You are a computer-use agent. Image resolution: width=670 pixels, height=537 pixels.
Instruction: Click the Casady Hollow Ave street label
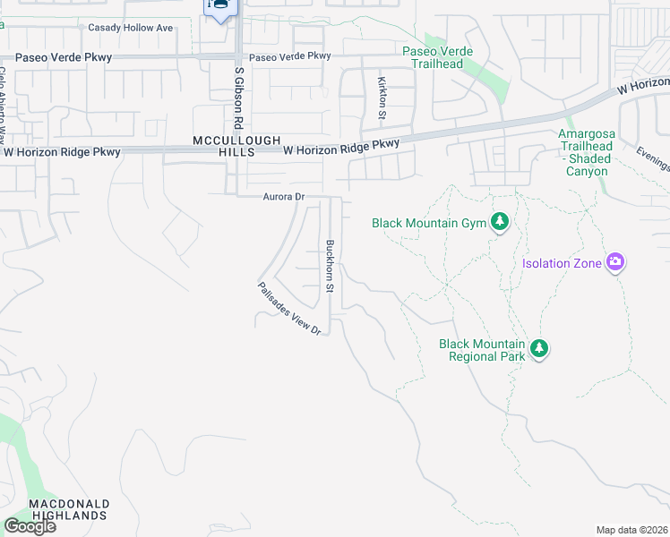[130, 28]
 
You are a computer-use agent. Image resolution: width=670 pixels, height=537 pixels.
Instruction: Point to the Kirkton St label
[382, 98]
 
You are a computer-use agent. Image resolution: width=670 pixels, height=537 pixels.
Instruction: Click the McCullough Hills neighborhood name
[237, 147]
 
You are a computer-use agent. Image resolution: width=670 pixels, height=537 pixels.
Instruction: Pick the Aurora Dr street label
[284, 197]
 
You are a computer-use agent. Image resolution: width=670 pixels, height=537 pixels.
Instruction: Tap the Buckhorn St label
[330, 267]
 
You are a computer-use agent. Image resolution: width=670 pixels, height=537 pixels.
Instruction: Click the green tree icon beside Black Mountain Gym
[500, 222]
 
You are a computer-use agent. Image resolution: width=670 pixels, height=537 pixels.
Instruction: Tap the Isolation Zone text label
[562, 263]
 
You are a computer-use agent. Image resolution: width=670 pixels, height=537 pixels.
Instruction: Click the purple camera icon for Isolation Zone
[615, 262]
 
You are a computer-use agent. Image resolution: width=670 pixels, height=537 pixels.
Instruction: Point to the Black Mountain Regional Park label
[481, 350]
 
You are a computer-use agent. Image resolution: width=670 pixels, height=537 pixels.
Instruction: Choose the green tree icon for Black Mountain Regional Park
[538, 349]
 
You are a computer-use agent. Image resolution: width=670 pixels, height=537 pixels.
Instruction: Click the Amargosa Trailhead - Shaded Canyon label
[584, 152]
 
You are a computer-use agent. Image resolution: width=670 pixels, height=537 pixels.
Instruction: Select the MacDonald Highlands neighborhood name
[69, 509]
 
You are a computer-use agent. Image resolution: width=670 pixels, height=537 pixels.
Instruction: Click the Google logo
[29, 525]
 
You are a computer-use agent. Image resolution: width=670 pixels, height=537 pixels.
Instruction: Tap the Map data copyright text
[631, 530]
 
